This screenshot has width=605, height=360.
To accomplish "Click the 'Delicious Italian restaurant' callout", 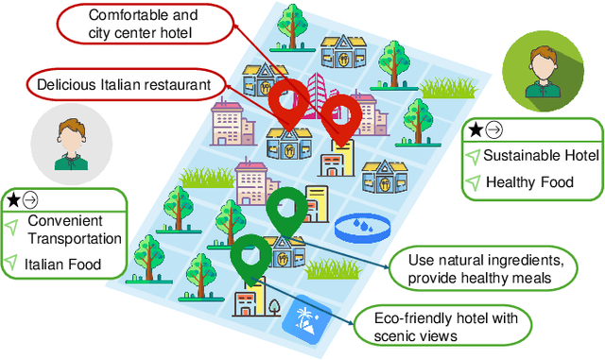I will pyautogui.click(x=123, y=84).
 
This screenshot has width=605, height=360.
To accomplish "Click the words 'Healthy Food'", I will pyautogui.click(x=529, y=181).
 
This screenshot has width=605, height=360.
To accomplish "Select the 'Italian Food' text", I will pyautogui.click(x=64, y=264).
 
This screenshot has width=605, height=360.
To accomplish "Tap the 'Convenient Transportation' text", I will pyautogui.click(x=73, y=230).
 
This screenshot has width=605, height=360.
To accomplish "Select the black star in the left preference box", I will pyautogui.click(x=13, y=199).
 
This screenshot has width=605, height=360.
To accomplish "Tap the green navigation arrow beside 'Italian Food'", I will pyautogui.click(x=12, y=263).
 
